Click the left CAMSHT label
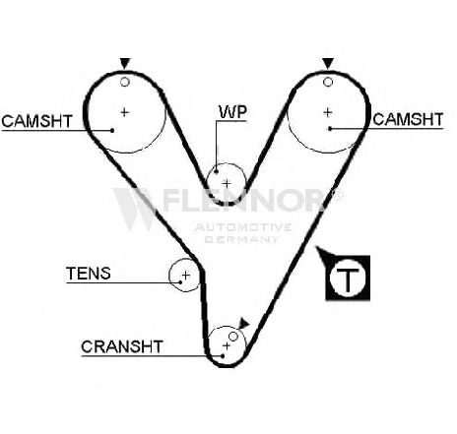(36, 121)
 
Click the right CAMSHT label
(408, 119)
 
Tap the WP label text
(232, 111)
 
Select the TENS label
(89, 273)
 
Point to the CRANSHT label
(122, 346)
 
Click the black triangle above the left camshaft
(125, 63)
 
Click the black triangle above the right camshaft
(328, 63)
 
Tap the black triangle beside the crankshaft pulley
(243, 323)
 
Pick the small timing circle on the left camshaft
(125, 82)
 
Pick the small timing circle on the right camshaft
(328, 82)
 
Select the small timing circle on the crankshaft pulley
(233, 337)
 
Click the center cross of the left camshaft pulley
(124, 112)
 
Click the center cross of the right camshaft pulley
(327, 112)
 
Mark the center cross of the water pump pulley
(227, 183)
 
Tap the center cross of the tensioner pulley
(186, 275)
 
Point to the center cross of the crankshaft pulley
(227, 345)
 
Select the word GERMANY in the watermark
(242, 239)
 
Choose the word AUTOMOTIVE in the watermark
(243, 227)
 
